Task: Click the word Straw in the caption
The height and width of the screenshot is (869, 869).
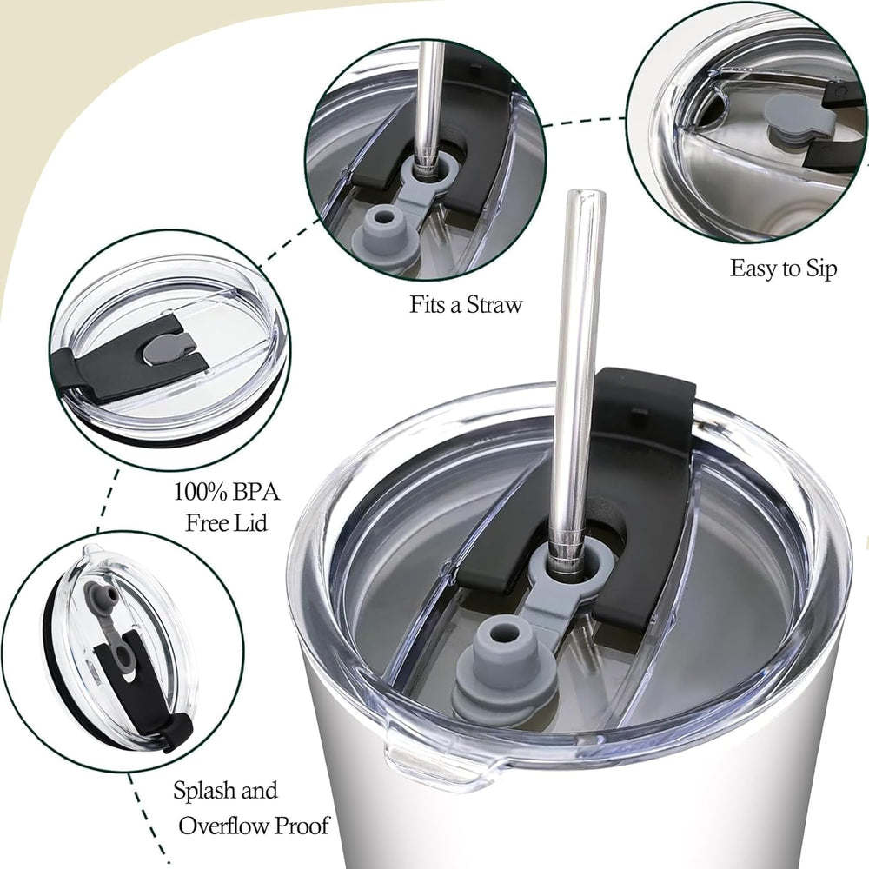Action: click(x=494, y=305)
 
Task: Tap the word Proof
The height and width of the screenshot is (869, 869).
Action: click(x=302, y=826)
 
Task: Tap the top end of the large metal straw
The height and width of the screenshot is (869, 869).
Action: click(x=587, y=194)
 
